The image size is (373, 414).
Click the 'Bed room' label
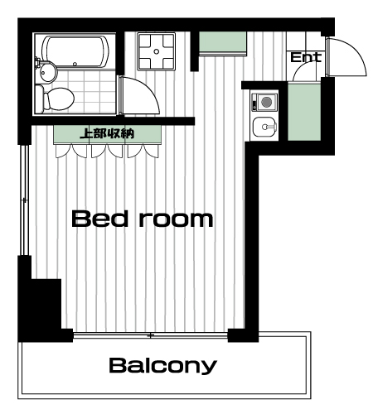(143, 219)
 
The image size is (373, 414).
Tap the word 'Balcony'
(162, 366)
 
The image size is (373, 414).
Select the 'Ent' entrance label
(306, 57)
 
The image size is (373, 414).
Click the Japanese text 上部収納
(107, 133)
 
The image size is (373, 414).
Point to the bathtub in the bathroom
(75, 51)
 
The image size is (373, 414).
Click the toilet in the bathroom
(55, 99)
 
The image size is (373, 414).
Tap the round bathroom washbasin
(47, 72)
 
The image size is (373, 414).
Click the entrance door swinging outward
(355, 52)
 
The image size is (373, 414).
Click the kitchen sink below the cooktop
(264, 127)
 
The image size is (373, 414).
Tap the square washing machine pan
(157, 51)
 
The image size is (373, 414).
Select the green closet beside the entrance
(304, 111)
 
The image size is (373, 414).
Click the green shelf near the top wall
(223, 42)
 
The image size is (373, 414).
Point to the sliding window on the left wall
(25, 200)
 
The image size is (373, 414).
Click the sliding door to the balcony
(151, 335)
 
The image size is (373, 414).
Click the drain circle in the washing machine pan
(157, 51)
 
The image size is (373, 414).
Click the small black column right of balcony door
(236, 335)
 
